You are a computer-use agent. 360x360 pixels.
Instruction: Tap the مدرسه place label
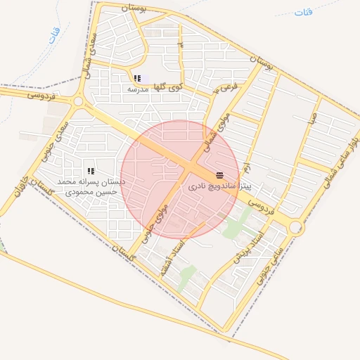(138, 90)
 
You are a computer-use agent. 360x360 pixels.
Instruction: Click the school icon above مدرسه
(138, 78)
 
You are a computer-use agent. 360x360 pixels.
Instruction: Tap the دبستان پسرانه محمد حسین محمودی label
(91, 186)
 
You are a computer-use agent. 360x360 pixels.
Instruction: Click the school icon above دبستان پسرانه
(91, 170)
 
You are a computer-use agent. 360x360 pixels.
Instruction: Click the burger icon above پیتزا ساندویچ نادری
(220, 175)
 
